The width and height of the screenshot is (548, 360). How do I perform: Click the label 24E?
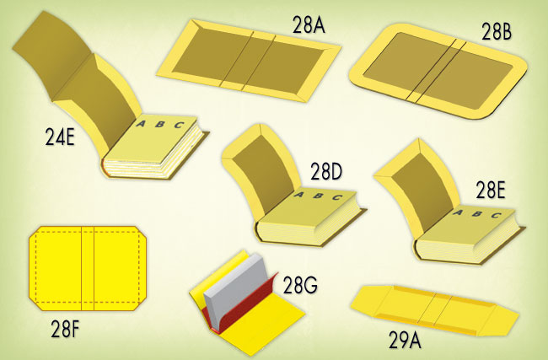coord(60,137)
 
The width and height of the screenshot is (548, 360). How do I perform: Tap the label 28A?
coord(309,24)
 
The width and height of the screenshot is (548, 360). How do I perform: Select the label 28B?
coord(497,31)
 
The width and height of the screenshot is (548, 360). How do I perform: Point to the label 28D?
coord(326,171)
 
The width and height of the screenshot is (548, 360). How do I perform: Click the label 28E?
coord(491,191)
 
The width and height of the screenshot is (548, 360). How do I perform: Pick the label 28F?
coord(66,329)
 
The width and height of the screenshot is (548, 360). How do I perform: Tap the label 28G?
coord(300,285)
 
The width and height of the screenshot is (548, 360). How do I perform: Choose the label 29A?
coord(405,340)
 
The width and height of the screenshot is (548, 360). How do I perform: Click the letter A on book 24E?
coord(141,123)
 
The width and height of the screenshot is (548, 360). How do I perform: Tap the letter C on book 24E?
coord(180,125)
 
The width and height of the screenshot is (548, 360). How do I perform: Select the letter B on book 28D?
coord(318,196)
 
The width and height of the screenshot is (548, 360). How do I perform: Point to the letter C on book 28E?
coord(496,215)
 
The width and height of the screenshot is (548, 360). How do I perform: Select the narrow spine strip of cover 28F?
coord(88,268)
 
